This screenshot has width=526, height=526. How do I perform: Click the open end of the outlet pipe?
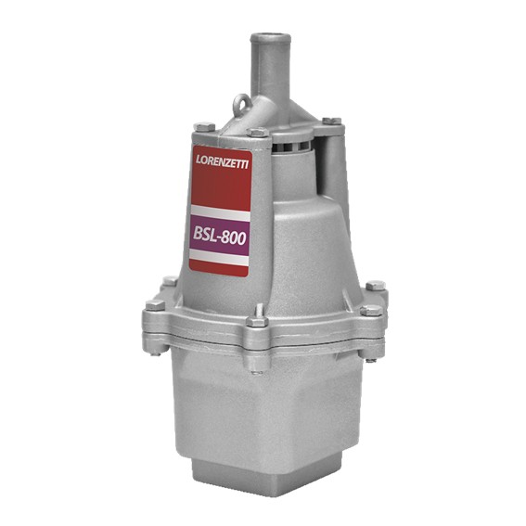pyautogui.click(x=270, y=38)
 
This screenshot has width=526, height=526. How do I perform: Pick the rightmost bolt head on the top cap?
pyautogui.click(x=330, y=121)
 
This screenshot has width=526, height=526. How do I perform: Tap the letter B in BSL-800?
pyautogui.click(x=199, y=235)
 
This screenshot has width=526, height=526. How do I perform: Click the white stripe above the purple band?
pyautogui.click(x=220, y=212)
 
